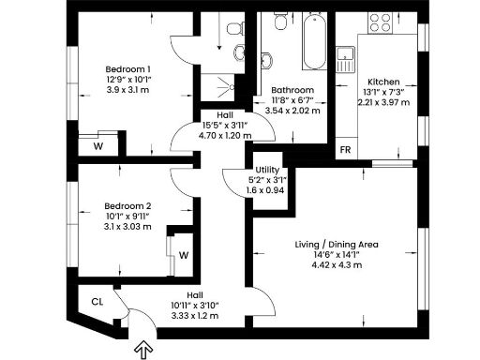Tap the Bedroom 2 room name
[127, 205]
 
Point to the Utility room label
[258, 169]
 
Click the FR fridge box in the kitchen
[345, 150]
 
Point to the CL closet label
[97, 301]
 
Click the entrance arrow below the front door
[143, 351]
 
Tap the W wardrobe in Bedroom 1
[98, 146]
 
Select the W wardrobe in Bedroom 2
[183, 254]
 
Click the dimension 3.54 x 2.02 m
[292, 111]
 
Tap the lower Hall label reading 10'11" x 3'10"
[194, 305]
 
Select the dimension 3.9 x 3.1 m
[127, 91]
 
